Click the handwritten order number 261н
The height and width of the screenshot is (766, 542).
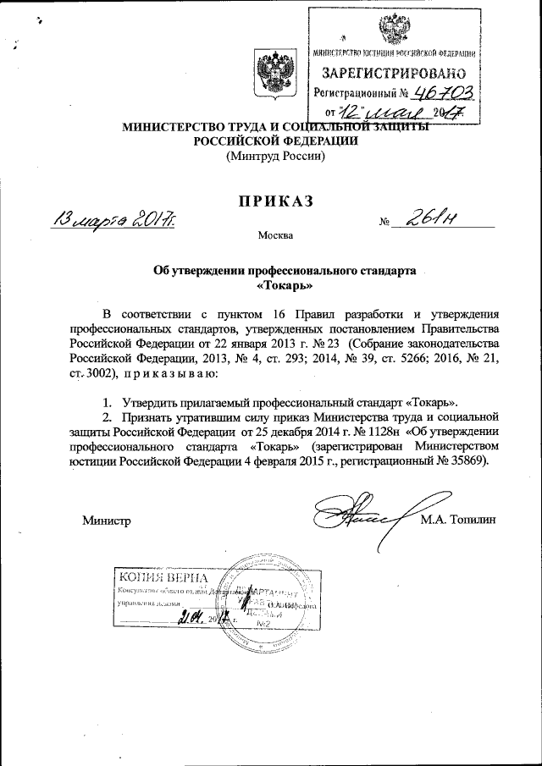point(432,220)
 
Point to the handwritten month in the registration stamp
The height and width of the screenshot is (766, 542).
point(402,111)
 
